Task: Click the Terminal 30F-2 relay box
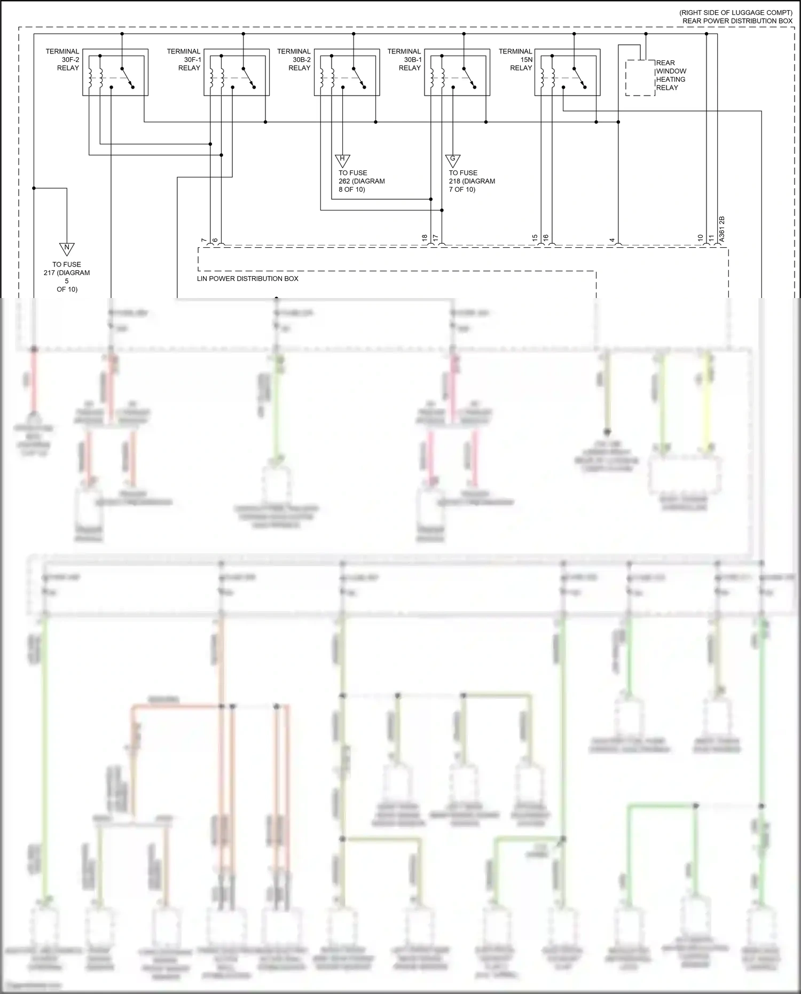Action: [x=115, y=73]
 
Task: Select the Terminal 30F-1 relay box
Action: [x=237, y=73]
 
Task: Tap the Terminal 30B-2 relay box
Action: [x=347, y=73]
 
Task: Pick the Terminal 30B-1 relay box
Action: [x=457, y=73]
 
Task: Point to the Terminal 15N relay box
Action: [x=568, y=73]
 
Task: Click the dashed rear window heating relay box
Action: [x=640, y=78]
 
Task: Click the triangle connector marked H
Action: [x=342, y=160]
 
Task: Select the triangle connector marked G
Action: [x=453, y=160]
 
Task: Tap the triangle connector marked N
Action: [x=67, y=249]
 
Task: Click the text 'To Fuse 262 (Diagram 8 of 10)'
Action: [x=361, y=181]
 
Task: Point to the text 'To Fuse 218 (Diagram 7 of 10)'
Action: [x=472, y=181]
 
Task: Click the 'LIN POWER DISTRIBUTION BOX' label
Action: [x=248, y=279]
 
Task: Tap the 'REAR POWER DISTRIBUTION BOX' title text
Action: [x=737, y=21]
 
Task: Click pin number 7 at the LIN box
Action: [x=203, y=241]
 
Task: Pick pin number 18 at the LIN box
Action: [x=425, y=238]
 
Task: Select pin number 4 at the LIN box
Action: [x=612, y=241]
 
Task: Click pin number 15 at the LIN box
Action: [x=535, y=238]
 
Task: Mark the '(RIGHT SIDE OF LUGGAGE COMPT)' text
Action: [x=736, y=12]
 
